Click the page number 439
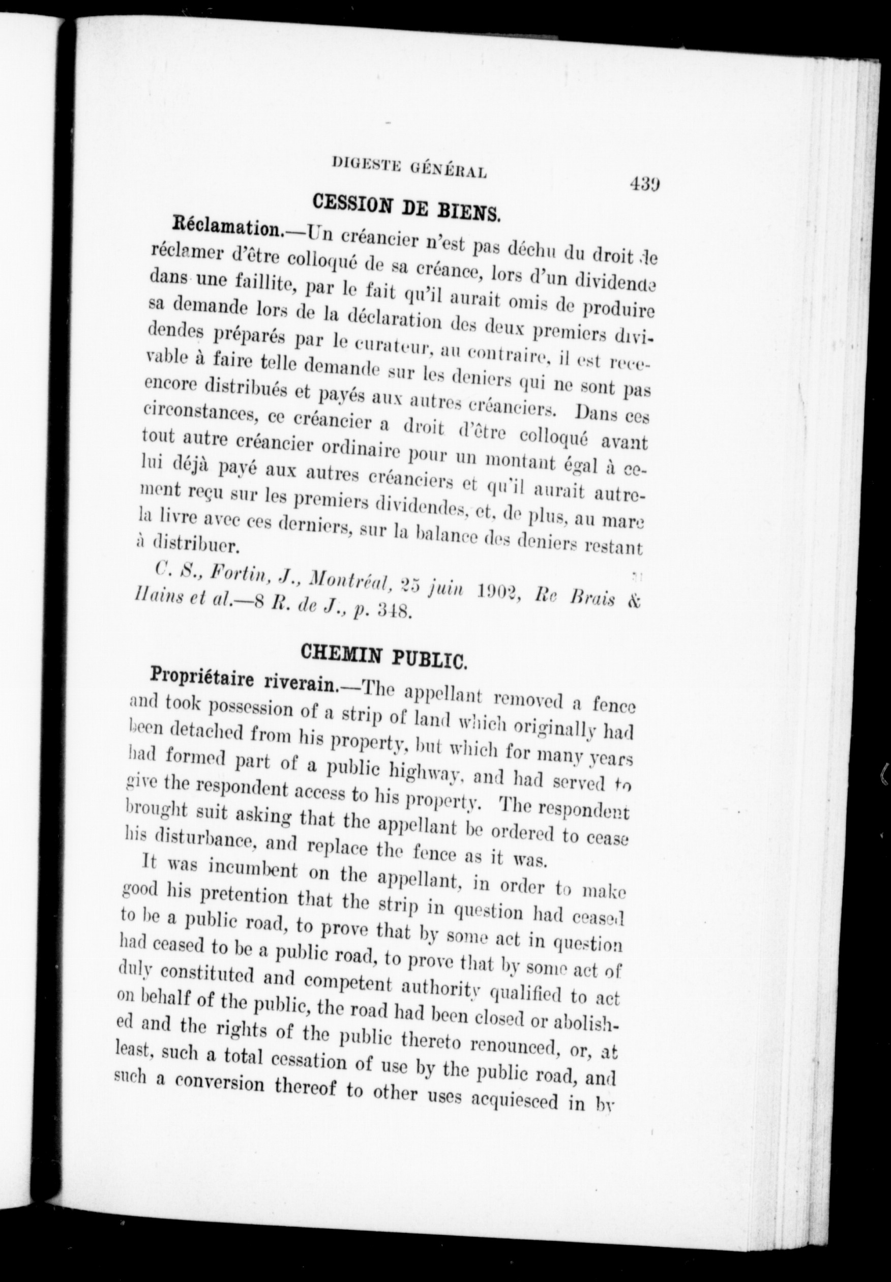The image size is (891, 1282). tap(645, 184)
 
